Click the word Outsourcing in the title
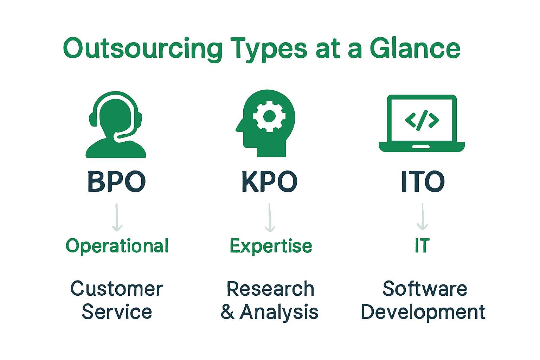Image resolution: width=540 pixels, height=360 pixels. tap(142, 49)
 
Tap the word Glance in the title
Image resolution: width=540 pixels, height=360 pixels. tap(415, 49)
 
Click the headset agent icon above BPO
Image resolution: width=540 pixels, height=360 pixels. tap(116, 125)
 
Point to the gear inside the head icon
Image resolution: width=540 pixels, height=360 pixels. tap(269, 116)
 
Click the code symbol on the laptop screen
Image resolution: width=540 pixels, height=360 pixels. tap(422, 120)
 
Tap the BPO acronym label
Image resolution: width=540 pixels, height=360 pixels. tap(116, 182)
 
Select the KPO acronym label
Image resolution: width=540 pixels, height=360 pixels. tap(269, 182)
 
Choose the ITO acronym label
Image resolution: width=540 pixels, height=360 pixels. tap(423, 182)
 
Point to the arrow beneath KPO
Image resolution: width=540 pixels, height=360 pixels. tap(270, 218)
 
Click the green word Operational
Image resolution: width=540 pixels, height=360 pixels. tap(117, 246)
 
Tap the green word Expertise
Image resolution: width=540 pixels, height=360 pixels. tap(271, 246)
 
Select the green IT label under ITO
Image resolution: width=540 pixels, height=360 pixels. tap(422, 246)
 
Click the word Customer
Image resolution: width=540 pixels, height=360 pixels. tap(117, 289)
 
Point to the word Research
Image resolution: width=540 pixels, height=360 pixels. tap(270, 289)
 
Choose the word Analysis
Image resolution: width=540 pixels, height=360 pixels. tap(278, 312)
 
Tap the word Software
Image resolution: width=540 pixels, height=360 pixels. tap(425, 289)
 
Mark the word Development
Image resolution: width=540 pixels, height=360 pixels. tap(423, 312)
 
